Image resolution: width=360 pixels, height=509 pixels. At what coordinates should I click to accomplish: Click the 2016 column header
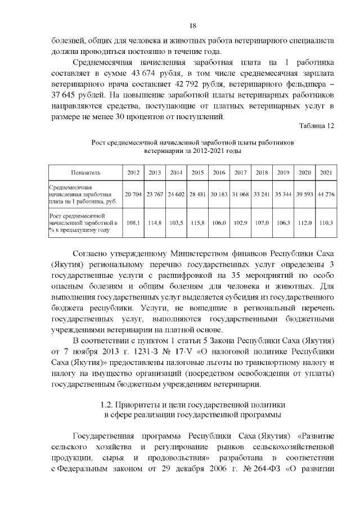(219, 172)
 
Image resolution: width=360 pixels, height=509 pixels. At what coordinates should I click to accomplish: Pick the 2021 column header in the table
(326, 172)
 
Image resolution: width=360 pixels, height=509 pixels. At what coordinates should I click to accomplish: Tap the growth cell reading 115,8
(197, 223)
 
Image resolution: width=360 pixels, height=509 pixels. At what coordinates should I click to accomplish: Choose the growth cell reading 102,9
(240, 223)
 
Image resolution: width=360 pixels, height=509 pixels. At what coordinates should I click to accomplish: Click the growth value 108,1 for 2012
(133, 223)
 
